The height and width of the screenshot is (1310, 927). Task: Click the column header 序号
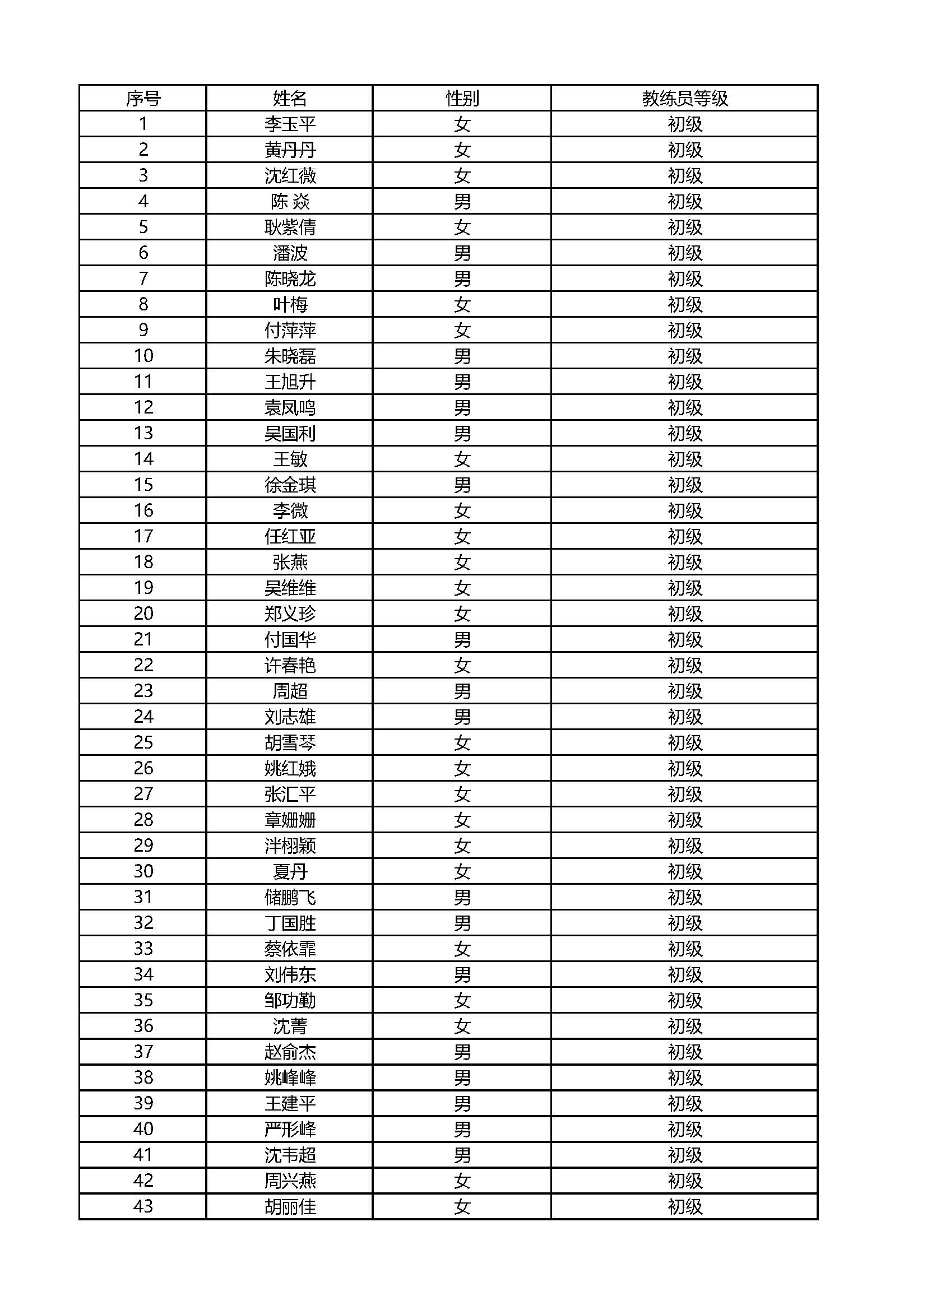tap(143, 99)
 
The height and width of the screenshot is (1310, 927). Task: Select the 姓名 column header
tap(290, 99)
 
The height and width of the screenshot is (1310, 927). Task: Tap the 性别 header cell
tap(462, 99)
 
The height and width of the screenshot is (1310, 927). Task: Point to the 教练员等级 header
tap(684, 99)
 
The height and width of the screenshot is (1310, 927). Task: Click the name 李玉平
tap(290, 124)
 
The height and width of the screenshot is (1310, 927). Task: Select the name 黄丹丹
tap(290, 150)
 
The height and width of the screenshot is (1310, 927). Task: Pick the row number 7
tap(143, 278)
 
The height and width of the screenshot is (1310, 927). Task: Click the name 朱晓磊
tap(290, 356)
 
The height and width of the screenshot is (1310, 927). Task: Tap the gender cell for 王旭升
tap(462, 382)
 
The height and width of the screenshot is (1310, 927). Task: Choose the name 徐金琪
tap(290, 485)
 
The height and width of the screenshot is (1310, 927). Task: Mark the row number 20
tap(143, 614)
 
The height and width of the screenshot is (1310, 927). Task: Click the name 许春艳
tap(290, 665)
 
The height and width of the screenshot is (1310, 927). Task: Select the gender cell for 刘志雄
tap(462, 717)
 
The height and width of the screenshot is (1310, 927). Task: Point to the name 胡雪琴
tap(290, 742)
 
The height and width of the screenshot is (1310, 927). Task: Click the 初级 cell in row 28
tap(684, 820)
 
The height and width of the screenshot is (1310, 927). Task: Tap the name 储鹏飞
tap(290, 898)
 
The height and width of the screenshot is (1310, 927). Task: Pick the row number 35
tap(143, 1000)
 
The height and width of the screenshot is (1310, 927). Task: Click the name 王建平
tap(290, 1103)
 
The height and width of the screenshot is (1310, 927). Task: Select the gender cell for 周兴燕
tap(462, 1181)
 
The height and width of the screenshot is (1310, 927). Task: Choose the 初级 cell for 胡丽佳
tap(684, 1206)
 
